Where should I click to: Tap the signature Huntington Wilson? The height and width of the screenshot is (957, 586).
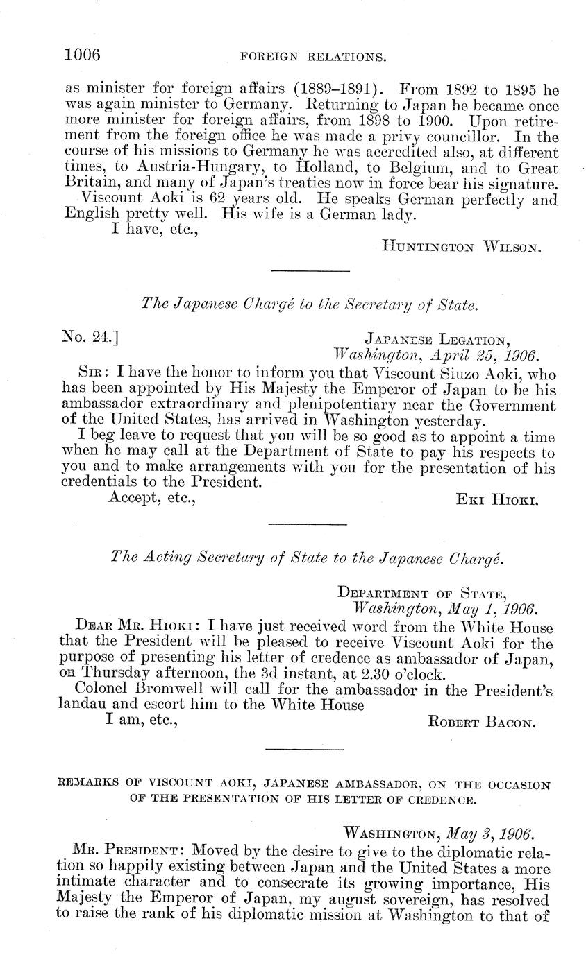459,244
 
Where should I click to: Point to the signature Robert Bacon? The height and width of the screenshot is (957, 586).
483,722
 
